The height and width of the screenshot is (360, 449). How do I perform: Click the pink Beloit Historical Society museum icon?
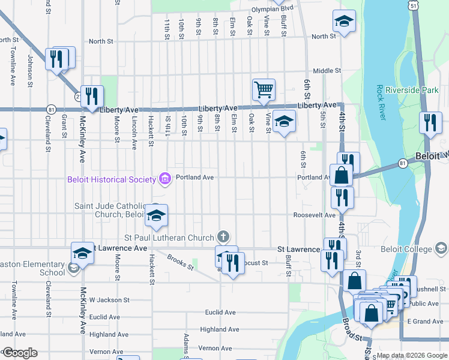pyautogui.click(x=163, y=178)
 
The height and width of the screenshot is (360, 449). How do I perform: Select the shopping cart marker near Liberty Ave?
pyautogui.click(x=264, y=90)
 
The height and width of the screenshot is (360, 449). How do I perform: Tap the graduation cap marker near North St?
pyautogui.click(x=344, y=22)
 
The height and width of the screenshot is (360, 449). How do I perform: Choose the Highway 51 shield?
pyautogui.click(x=414, y=5)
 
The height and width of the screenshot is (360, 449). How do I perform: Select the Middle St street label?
pyautogui.click(x=327, y=71)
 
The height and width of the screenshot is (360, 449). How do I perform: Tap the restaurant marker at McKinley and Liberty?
pyautogui.click(x=92, y=96)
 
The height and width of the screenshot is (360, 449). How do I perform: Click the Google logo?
pyautogui.click(x=19, y=353)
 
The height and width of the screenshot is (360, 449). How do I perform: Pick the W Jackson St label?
pyautogui.click(x=109, y=300)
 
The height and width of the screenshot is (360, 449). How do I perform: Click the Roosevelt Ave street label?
pyautogui.click(x=315, y=215)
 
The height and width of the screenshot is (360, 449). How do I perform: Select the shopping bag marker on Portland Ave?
pyautogui.click(x=341, y=176)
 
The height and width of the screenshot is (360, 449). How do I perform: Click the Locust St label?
pyautogui.click(x=255, y=263)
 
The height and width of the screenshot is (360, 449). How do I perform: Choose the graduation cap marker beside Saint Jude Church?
pyautogui.click(x=156, y=216)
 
